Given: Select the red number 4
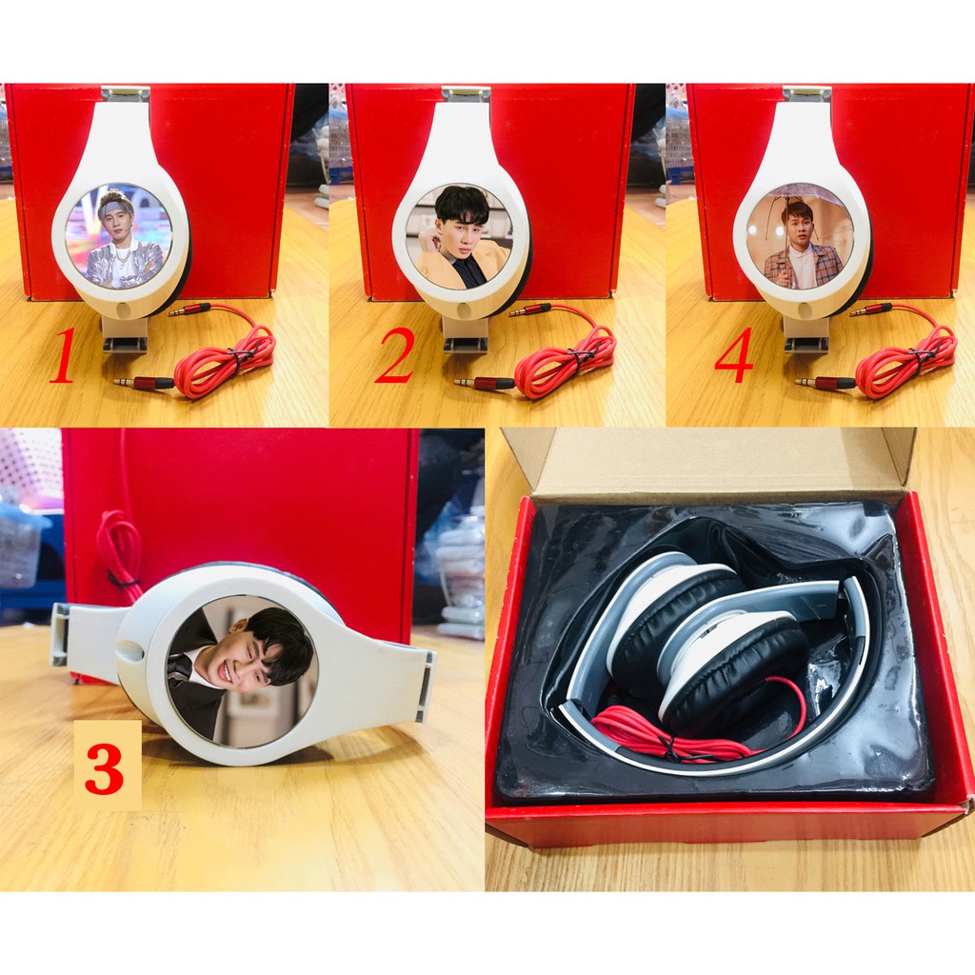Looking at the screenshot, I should coord(733,356).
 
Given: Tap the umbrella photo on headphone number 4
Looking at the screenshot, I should coord(800,238).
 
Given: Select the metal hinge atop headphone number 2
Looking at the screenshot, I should coord(465,93).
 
